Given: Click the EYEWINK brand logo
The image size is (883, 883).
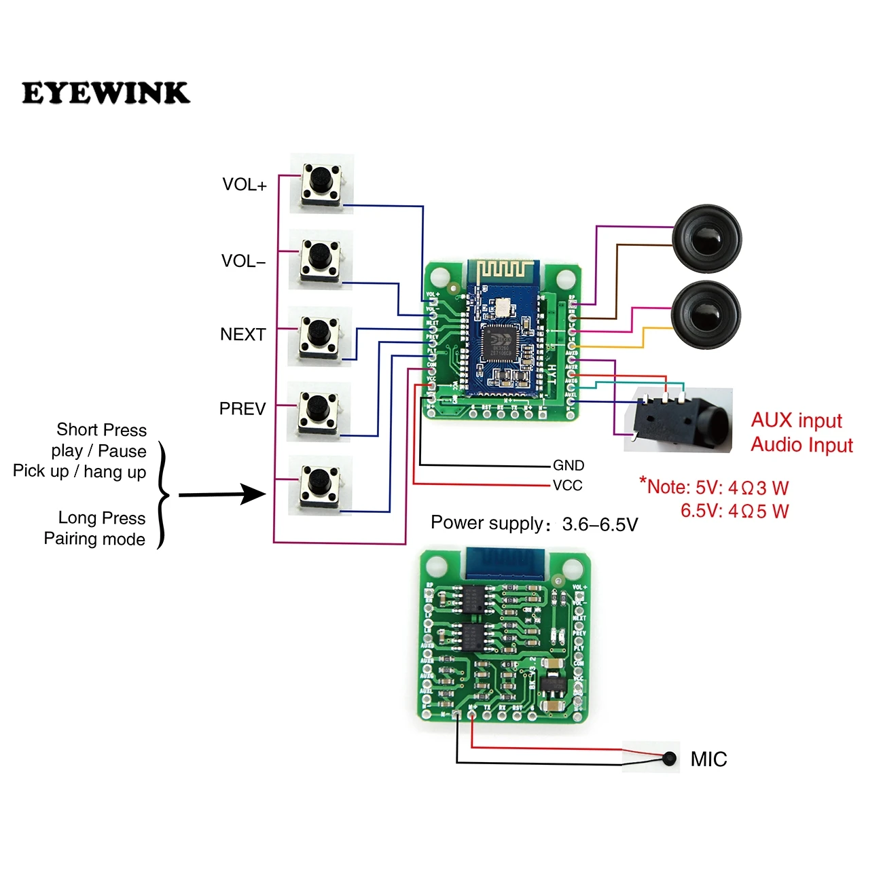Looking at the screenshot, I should point(105,93).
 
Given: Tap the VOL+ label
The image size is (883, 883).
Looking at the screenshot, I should point(245,185).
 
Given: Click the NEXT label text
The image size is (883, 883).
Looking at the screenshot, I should point(242,334).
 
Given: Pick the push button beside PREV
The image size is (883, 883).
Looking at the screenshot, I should point(317,410).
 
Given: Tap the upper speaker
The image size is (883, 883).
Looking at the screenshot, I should point(706,239).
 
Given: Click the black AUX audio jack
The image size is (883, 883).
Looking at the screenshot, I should point(679,418).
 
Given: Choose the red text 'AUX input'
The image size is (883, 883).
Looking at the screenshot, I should point(796,420).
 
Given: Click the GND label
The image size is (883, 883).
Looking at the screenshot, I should point(569,465).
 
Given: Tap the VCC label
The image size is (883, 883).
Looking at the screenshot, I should point(567,485).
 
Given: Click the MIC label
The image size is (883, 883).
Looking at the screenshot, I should point(708,759).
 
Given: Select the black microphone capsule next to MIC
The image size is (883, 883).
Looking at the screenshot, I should point(670,759).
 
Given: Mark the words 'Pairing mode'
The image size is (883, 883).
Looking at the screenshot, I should point(94,539).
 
